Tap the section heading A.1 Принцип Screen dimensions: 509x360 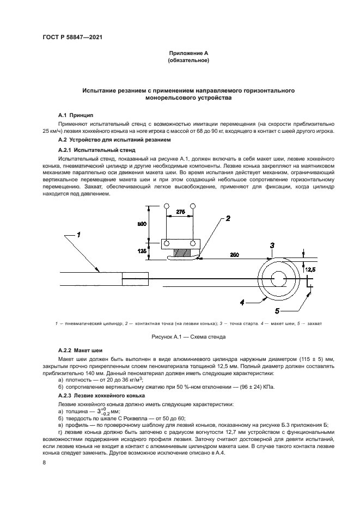coord(76,115)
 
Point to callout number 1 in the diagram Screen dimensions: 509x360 coord(78,235)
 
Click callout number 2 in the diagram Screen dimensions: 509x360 coord(228,218)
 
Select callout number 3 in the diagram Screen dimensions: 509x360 coord(272,246)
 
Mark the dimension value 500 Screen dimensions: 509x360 coord(142,223)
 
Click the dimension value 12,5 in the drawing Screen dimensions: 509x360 coord(309,268)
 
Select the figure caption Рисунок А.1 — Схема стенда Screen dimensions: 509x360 coord(188,337)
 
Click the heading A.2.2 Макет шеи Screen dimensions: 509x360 coord(81,349)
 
